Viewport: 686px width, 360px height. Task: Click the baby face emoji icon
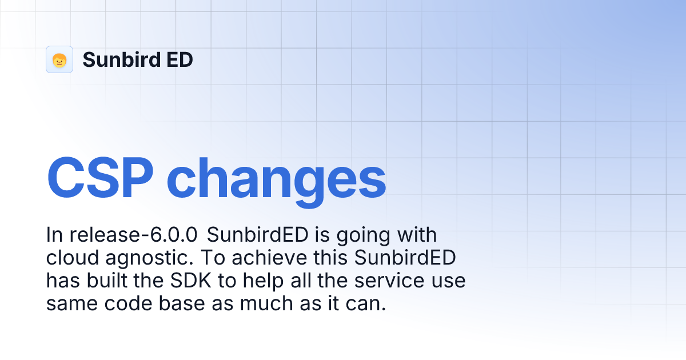point(59,59)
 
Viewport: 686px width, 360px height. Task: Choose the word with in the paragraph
point(417,235)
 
